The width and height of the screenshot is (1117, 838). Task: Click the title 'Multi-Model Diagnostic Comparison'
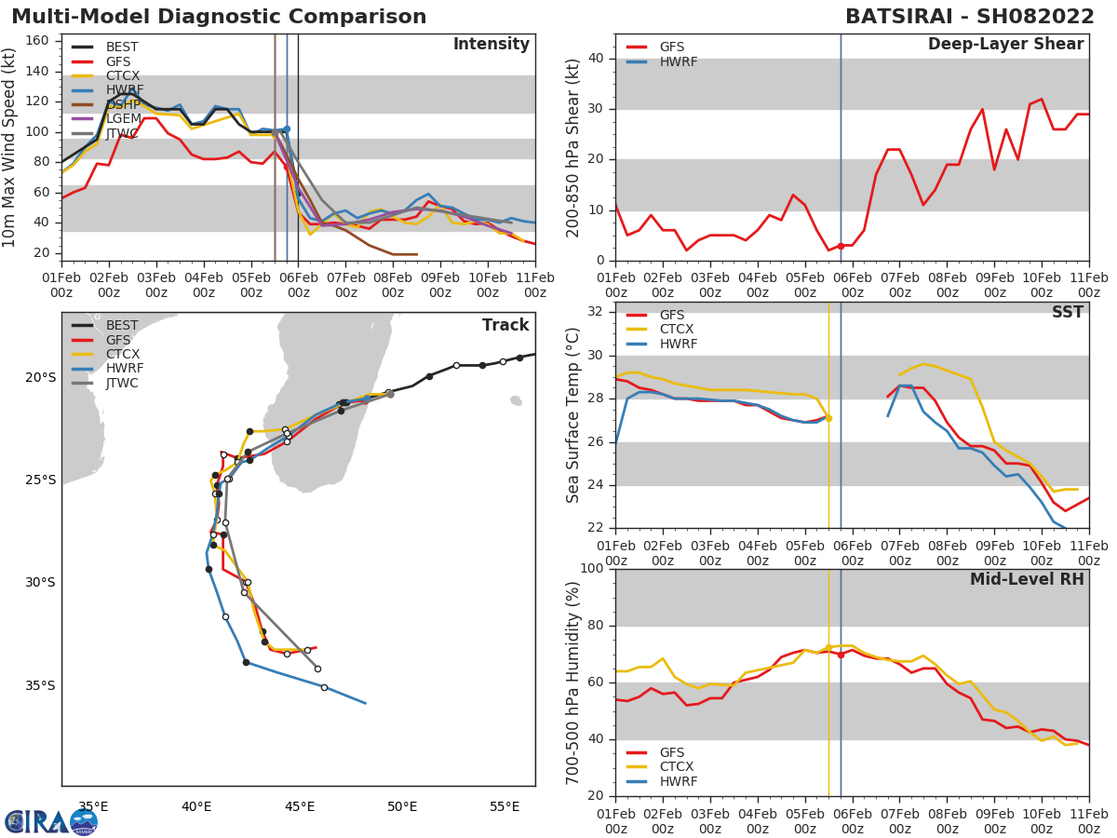(219, 17)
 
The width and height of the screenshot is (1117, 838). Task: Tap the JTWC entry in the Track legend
(122, 383)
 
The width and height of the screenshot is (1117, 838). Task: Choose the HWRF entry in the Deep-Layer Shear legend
(678, 61)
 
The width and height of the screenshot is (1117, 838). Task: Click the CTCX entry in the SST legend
(678, 330)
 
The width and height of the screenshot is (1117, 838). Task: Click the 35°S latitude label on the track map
(40, 685)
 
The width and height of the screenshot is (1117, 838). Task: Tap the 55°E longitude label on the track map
(505, 806)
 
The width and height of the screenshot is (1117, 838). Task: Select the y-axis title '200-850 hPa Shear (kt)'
(573, 147)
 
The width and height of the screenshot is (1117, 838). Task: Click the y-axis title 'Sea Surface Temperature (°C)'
(573, 414)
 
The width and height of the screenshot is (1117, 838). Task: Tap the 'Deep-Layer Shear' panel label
(1005, 45)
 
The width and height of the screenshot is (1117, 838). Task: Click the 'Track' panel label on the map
(505, 325)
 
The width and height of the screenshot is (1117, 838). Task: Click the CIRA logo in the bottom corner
(50, 821)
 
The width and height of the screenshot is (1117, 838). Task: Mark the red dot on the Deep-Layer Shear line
(841, 246)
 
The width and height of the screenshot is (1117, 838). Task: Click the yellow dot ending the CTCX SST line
(828, 418)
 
